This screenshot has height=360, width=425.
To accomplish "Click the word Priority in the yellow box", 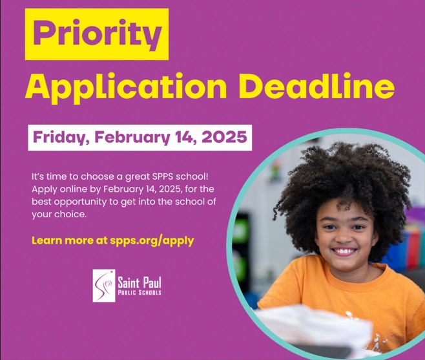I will [97, 34].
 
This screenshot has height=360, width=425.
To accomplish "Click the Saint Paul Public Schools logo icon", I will [103, 285].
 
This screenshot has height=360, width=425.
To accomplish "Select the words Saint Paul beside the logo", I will [139, 282].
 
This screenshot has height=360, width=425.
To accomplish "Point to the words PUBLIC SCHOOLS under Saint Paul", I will [139, 293].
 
